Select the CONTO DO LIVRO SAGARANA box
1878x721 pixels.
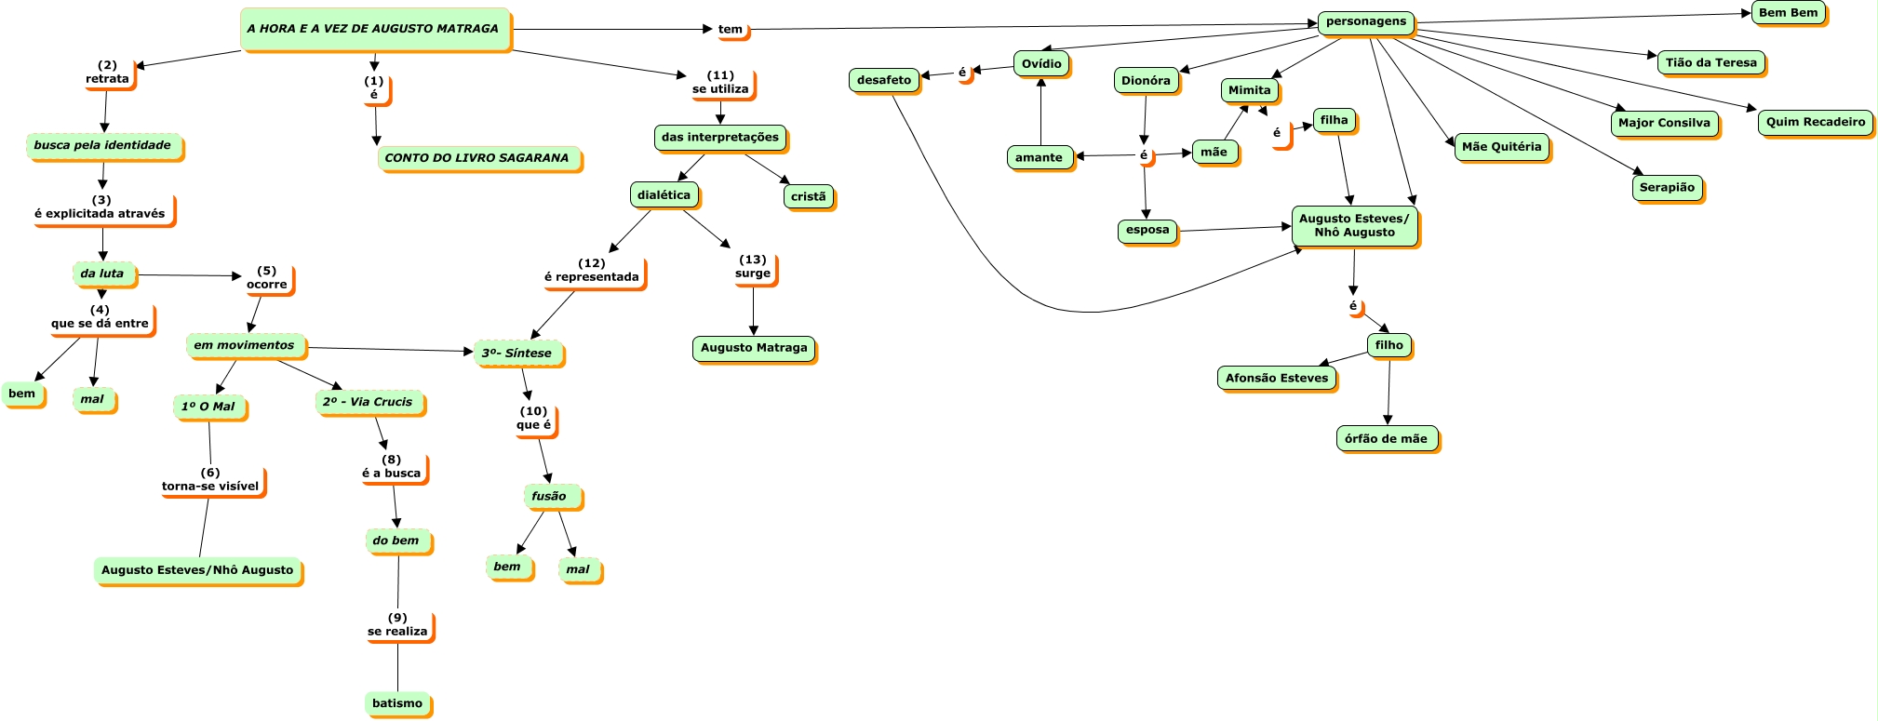[x=478, y=159]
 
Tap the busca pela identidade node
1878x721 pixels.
[x=104, y=146]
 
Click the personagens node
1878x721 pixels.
[x=1367, y=22]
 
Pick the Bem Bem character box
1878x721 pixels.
[x=1789, y=14]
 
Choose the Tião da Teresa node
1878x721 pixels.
[x=1711, y=63]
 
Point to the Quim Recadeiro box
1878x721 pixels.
[x=1816, y=123]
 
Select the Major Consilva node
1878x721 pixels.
[x=1665, y=124]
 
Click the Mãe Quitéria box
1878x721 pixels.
[x=1502, y=148]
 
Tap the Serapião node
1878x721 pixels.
[x=1668, y=189]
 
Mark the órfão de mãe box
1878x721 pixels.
[x=1388, y=439]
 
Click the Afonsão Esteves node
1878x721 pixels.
[x=1278, y=379]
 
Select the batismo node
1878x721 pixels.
[x=398, y=704]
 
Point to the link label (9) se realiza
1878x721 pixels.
[x=398, y=625]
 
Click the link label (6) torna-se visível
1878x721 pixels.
[x=211, y=480]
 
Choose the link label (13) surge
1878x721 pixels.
[x=754, y=267]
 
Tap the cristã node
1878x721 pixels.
[x=810, y=197]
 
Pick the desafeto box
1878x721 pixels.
[x=885, y=81]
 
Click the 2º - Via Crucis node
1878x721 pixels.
[x=370, y=403]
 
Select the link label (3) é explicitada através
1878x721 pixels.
[x=101, y=207]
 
